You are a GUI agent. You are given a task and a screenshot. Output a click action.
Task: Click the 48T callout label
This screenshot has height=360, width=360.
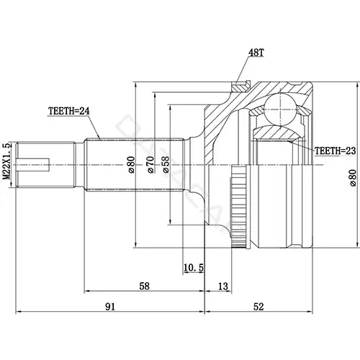pos(256,53)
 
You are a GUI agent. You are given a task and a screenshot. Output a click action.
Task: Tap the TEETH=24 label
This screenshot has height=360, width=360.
pos(69,111)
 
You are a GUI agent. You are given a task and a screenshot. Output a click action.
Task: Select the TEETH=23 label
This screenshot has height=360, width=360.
pos(335,150)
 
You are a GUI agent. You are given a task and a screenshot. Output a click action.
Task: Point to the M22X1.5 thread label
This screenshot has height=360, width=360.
pos(7,161)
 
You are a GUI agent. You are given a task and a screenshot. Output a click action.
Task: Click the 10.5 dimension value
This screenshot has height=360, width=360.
pos(194,267)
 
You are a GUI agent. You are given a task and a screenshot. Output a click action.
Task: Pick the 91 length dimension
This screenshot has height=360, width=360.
pos(110,307)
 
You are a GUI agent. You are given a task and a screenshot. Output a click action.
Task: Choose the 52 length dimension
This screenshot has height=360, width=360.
pos(258,307)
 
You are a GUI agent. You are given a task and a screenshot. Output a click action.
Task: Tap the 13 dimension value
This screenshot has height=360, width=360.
pos(223,286)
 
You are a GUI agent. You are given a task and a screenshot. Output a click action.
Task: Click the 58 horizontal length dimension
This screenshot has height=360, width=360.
pos(144,286)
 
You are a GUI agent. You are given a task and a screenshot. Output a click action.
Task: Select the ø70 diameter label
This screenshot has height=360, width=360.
pos(150,165)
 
